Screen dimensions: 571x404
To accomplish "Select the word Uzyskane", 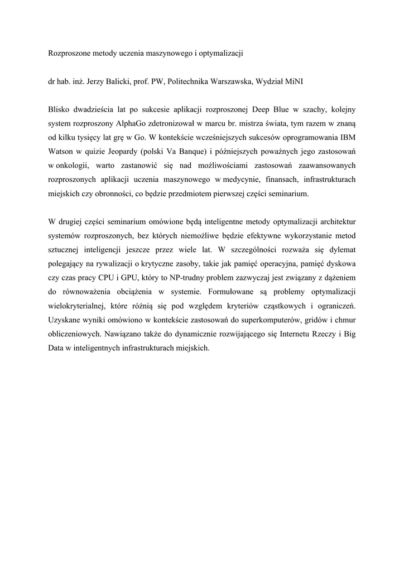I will pos(65,321).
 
